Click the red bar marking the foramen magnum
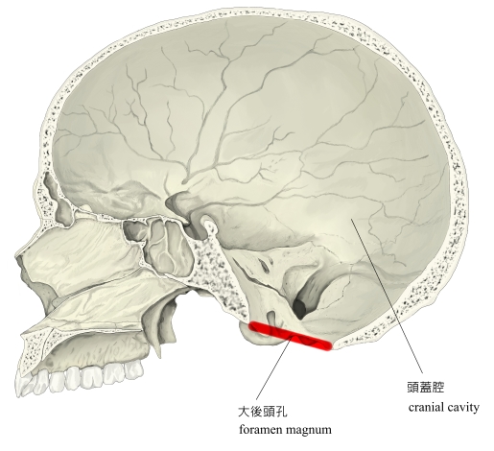(291, 336)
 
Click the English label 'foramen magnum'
(285, 429)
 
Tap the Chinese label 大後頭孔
(263, 412)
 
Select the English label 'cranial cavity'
(444, 408)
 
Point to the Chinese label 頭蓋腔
(426, 388)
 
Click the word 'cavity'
(463, 408)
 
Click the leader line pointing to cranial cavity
(387, 296)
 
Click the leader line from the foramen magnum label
(274, 367)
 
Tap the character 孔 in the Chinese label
(281, 412)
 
